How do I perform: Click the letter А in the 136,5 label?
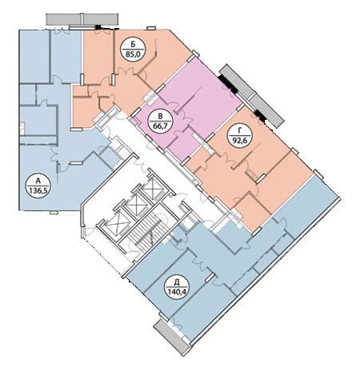coord(38,182)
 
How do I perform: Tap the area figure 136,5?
coord(38,190)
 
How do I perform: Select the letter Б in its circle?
coord(133,45)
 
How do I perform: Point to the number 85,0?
coord(133,54)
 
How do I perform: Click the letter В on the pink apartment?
coord(160,117)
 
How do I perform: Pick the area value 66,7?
coord(160,125)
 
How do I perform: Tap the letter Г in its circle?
coord(240,131)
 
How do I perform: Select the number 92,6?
coord(240,140)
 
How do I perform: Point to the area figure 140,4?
coord(177,291)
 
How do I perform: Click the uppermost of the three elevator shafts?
coord(152,188)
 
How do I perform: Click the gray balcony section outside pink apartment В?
coord(235,82)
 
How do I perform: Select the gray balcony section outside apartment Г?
coord(266,110)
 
